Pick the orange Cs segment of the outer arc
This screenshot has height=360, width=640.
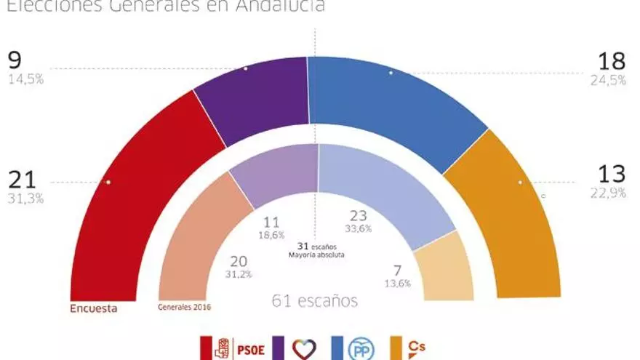(x=509, y=218)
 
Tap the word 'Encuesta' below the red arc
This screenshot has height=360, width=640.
(x=94, y=308)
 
